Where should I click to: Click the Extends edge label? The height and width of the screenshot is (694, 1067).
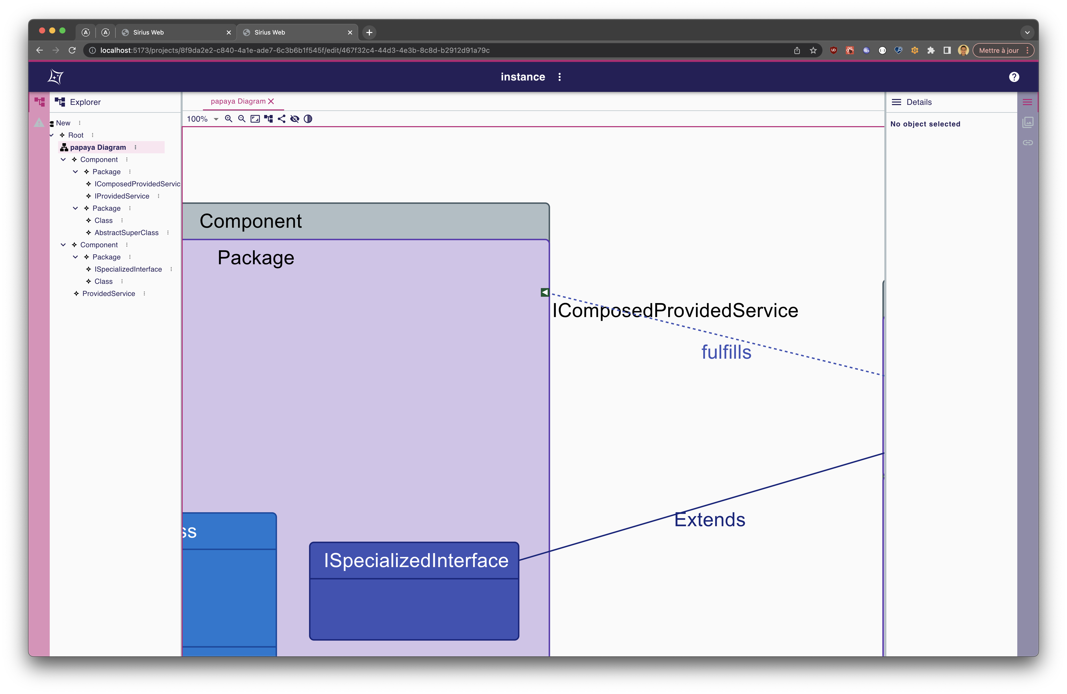[x=709, y=520]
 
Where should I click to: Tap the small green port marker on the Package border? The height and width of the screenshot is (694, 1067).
[x=544, y=292]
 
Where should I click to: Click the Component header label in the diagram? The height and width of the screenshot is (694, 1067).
[x=251, y=221]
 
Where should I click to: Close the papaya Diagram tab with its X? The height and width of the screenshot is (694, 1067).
[x=271, y=101]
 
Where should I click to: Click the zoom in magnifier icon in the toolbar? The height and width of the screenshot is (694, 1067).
[x=229, y=119]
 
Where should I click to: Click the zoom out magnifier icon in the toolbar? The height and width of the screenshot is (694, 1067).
[x=242, y=119]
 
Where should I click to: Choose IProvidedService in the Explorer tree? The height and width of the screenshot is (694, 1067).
[x=122, y=196]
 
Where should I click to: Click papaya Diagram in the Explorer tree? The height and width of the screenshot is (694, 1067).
[x=98, y=147]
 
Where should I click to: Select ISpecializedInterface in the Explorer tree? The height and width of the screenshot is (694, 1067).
[x=128, y=269]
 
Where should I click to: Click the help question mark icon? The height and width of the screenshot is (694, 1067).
[x=1014, y=77]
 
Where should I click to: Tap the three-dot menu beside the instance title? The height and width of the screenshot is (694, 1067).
[x=559, y=77]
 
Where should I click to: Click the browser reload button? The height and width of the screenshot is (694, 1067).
[x=72, y=50]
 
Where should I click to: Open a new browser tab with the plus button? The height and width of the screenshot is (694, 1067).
[x=369, y=32]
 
